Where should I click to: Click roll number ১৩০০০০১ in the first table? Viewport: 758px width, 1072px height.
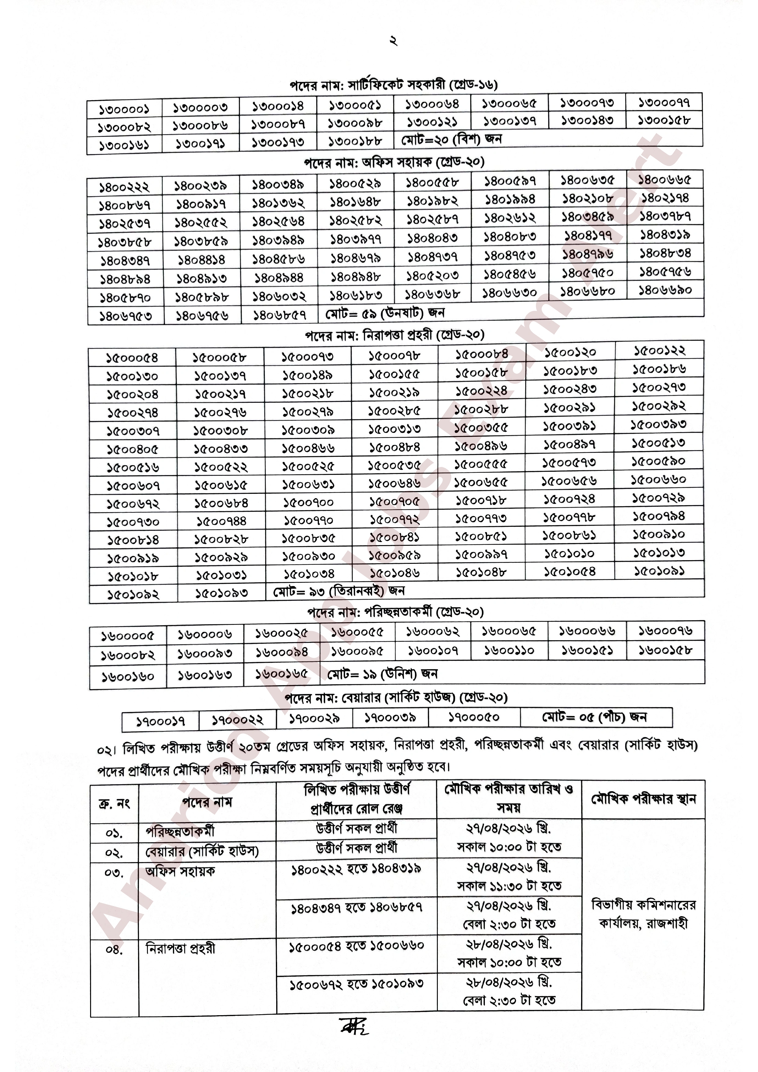[124, 110]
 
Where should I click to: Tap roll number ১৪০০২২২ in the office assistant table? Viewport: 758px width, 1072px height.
[124, 188]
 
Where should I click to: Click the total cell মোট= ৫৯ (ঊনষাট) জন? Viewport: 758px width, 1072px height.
[385, 313]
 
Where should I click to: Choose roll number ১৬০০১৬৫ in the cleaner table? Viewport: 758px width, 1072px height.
[281, 674]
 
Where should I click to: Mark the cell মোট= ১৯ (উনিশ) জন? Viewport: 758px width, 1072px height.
[382, 674]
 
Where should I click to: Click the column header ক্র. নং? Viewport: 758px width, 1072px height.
[114, 803]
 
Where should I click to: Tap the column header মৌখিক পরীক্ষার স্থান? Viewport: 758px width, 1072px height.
[643, 800]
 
